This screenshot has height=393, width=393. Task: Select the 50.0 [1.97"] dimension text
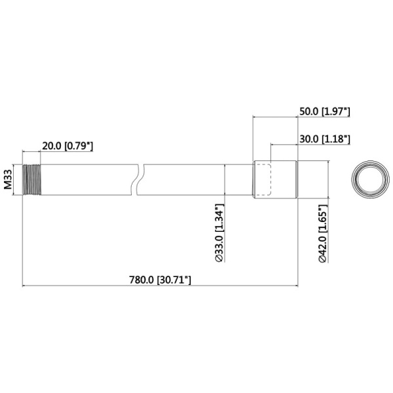pyautogui.click(x=324, y=112)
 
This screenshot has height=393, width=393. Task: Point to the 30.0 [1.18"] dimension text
pyautogui.click(x=324, y=139)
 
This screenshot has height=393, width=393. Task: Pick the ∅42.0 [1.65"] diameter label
pyautogui.click(x=322, y=233)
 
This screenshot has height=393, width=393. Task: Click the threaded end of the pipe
pyautogui.click(x=31, y=179)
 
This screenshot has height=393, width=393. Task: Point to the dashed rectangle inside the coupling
pyautogui.click(x=262, y=179)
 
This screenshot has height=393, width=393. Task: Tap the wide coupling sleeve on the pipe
pyautogui.click(x=275, y=179)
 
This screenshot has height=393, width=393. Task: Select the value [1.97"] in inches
pyautogui.click(x=337, y=112)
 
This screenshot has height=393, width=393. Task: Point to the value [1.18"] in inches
pyautogui.click(x=337, y=139)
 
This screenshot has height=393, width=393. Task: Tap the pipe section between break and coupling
pyautogui.click(x=196, y=179)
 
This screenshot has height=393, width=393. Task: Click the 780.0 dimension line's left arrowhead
pyautogui.click(x=25, y=286)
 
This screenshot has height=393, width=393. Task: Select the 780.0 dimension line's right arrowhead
pyautogui.click(x=295, y=286)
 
